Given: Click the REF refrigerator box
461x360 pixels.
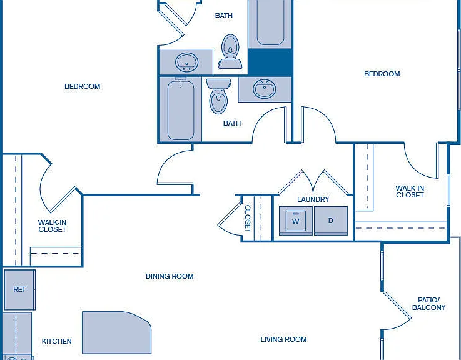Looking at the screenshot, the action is coord(19,290).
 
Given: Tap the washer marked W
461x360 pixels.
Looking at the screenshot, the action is coord(296,221).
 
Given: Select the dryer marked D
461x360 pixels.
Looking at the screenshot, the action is coord(331,221).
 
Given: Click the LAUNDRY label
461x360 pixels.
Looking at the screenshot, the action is coord(313,199).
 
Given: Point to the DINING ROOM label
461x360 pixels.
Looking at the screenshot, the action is coord(170,276).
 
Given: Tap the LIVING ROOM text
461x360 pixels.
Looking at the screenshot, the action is coord(283,339).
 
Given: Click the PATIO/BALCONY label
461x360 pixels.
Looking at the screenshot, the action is coord(428,304).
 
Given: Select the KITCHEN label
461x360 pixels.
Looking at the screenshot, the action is coord(57,341).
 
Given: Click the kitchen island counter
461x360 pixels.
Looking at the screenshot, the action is coord(117,332).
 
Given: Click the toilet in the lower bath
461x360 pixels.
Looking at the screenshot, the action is coord(218,96).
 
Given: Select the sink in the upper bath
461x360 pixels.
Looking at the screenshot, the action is coord(186,62).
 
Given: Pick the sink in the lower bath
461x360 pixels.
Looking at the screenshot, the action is coord(265,89).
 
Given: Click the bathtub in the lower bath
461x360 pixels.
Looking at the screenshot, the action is coord(181,109).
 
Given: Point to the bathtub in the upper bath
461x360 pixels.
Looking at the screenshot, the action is coord(270,23).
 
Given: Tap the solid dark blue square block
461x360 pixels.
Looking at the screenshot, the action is coord(270,62).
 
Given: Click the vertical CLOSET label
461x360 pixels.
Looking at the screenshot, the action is coord(248,219).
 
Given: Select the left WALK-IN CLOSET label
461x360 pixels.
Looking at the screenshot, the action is coord(52,226).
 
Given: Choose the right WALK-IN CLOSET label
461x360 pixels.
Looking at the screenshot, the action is coord(410,192).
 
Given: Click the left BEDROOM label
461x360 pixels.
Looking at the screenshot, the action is coord(83,86).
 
